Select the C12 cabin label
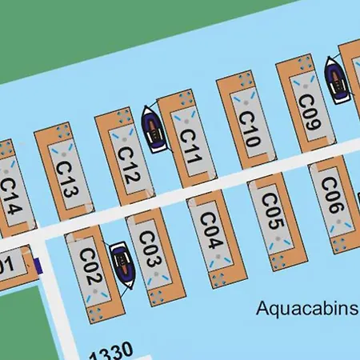pos(128,163)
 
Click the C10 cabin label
pos(249,126)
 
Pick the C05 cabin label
pos(272,211)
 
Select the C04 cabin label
pos(210,230)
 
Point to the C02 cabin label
pos(90,267)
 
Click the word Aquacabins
pos(306,308)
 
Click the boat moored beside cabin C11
pos(154,128)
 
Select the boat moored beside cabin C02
pos(122,264)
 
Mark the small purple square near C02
pos(36,263)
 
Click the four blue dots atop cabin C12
pos(123,117)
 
